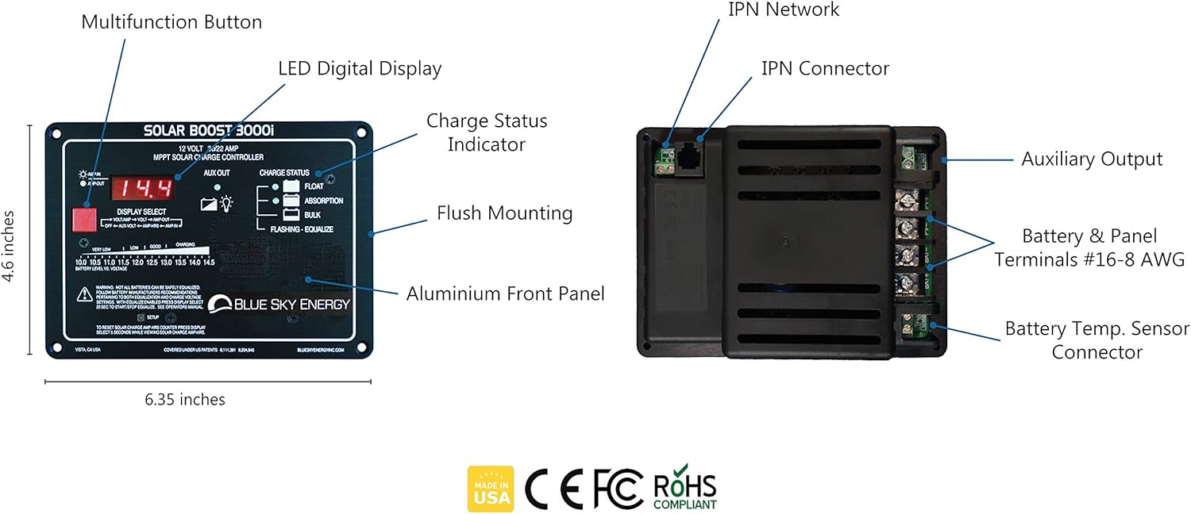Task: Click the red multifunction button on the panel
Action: click(83, 218)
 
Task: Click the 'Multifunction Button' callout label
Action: click(172, 21)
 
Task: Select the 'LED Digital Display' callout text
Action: click(359, 68)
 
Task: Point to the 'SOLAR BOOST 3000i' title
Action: click(208, 132)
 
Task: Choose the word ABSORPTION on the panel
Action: click(324, 201)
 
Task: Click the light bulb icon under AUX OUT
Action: click(227, 203)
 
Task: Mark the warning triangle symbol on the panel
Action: click(83, 295)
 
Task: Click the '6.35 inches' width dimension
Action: click(185, 400)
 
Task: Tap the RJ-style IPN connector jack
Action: click(687, 157)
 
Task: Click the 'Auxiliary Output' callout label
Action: click(1092, 159)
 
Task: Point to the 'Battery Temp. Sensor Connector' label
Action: click(1097, 340)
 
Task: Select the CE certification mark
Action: click(553, 489)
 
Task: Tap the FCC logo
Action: click(618, 489)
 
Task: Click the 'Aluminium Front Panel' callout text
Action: click(505, 293)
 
